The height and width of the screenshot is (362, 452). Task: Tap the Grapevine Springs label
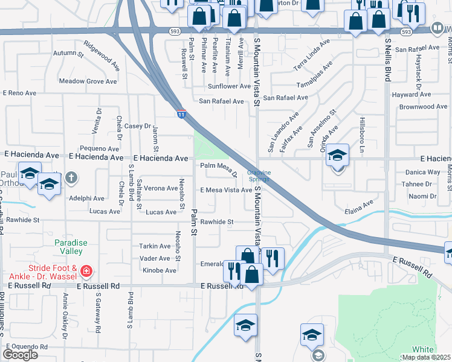coord(259,176)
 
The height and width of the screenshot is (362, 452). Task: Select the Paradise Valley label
coord(71,247)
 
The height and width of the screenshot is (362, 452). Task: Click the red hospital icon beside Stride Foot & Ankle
coord(86,271)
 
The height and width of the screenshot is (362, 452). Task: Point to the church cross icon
coord(71,177)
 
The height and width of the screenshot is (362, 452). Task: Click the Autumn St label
coord(68,54)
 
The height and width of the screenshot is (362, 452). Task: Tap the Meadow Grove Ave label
coord(88,81)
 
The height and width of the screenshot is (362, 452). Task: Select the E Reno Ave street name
coord(20,93)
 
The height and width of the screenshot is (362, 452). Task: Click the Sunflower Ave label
coord(228,86)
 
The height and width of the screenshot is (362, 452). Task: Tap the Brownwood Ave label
coord(423,107)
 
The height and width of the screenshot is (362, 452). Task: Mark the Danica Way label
coord(422,172)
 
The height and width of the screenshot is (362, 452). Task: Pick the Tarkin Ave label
coord(155,246)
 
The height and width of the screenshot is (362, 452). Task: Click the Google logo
coord(20,355)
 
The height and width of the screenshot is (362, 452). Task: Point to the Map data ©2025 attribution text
coord(426,357)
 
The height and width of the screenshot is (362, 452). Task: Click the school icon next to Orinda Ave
coord(338,156)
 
